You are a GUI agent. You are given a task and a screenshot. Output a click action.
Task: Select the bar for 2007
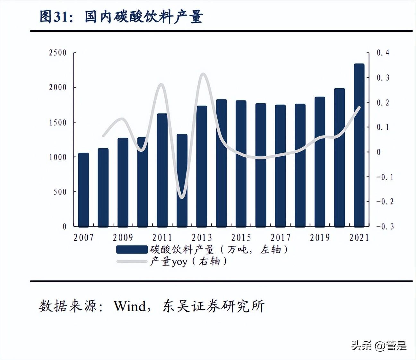pos(83,190)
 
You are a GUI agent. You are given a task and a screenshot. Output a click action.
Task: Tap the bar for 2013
pos(202,166)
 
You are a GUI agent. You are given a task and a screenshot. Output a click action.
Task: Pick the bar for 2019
pos(320,162)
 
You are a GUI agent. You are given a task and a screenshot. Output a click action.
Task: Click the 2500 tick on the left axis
pos(58,53)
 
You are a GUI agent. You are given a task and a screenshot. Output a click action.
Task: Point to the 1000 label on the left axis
pos(58,157)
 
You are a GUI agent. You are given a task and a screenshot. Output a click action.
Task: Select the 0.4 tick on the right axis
pos(383,53)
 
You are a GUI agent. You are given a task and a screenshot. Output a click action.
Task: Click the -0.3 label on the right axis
pos(385,227)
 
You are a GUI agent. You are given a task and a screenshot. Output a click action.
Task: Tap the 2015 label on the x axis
pos(241,237)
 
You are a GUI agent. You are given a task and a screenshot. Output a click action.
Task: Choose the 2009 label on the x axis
pos(123,237)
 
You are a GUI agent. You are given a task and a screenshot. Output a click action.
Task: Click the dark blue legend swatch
pos(132,250)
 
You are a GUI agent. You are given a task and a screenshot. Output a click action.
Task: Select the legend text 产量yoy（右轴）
pos(188,261)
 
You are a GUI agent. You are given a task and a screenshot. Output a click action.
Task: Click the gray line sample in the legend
pos(132,261)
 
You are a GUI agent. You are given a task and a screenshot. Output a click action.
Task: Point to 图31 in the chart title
pos(54,17)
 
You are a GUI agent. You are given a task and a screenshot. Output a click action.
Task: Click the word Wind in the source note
pos(130,306)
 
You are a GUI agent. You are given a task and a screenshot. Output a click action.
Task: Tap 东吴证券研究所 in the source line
pos(213,306)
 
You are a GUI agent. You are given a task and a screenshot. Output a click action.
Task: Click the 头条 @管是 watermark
pos(379,346)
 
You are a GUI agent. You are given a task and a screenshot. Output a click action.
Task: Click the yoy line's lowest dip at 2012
pos(182,198)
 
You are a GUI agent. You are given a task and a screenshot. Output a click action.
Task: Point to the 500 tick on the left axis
pos(60,192)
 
